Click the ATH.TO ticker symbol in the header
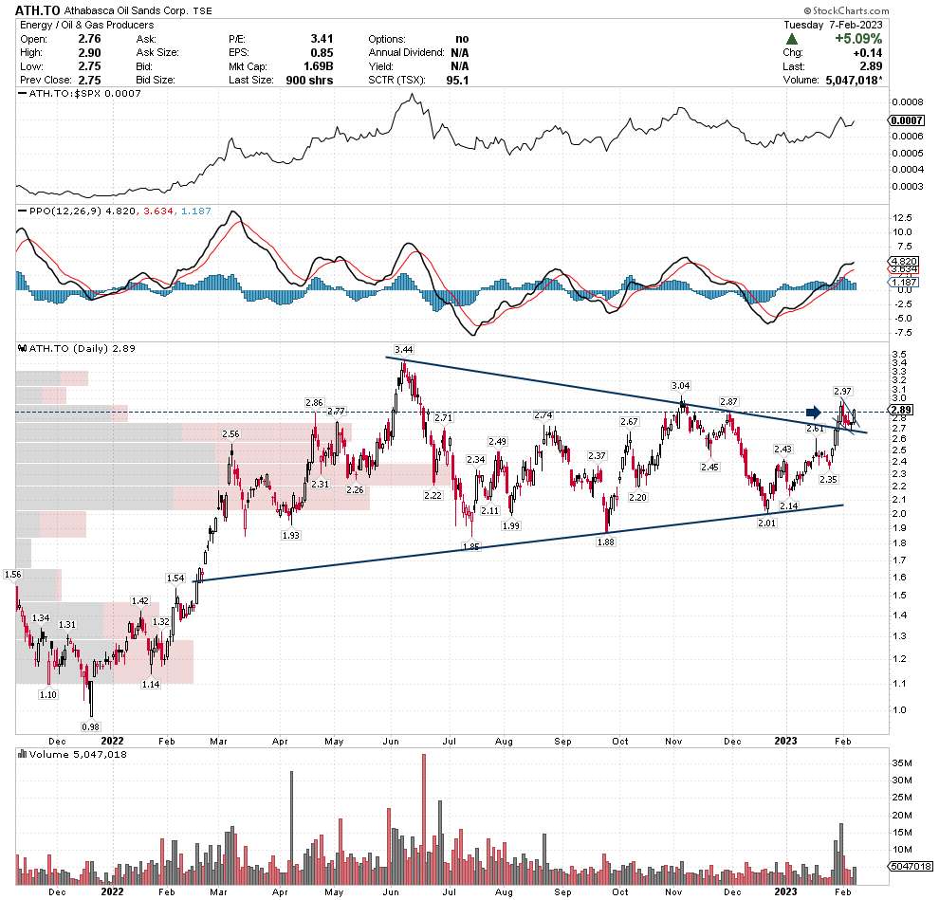(38, 9)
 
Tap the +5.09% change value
(858, 39)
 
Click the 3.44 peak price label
(404, 350)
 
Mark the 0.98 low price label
(90, 726)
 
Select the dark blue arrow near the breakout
(813, 412)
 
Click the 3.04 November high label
(680, 386)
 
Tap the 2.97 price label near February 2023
(841, 391)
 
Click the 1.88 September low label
(605, 541)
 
